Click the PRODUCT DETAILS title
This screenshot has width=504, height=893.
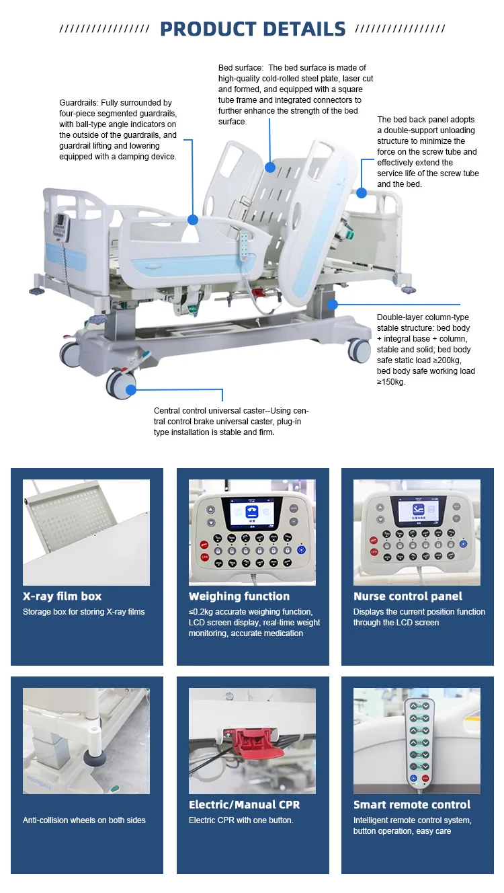253,29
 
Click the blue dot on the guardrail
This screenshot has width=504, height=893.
193,219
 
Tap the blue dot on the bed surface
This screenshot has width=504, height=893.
269,167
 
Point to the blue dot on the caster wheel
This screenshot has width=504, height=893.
130,389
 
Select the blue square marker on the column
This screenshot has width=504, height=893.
333,305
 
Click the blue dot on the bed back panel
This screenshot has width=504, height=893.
362,193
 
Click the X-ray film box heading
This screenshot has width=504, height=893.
62,596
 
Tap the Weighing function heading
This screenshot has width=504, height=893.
239,596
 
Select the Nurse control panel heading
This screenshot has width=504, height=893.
408,596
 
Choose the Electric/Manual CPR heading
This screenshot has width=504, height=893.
244,805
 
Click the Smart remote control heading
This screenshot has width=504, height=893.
412,805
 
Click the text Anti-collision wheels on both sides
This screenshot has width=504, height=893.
84,820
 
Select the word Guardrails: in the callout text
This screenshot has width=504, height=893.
79,103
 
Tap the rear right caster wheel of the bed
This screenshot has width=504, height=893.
360,350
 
